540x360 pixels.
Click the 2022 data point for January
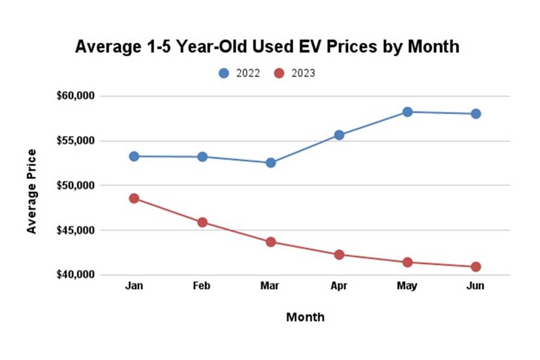point(134,156)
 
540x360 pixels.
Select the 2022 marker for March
point(271,163)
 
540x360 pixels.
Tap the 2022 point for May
point(407,112)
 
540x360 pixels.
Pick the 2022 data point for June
point(476,113)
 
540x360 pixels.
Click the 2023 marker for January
point(134,198)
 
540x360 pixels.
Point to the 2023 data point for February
point(202,222)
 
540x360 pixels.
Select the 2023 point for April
point(339,254)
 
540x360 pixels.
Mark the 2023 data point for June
point(476,266)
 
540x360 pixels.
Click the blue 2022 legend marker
point(224,73)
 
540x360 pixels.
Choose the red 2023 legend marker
point(279,73)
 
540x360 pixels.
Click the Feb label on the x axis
point(202,286)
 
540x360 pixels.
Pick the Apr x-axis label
point(339,286)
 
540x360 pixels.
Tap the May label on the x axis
point(407,286)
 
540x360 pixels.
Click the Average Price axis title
point(32,191)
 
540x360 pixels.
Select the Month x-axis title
point(305,317)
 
